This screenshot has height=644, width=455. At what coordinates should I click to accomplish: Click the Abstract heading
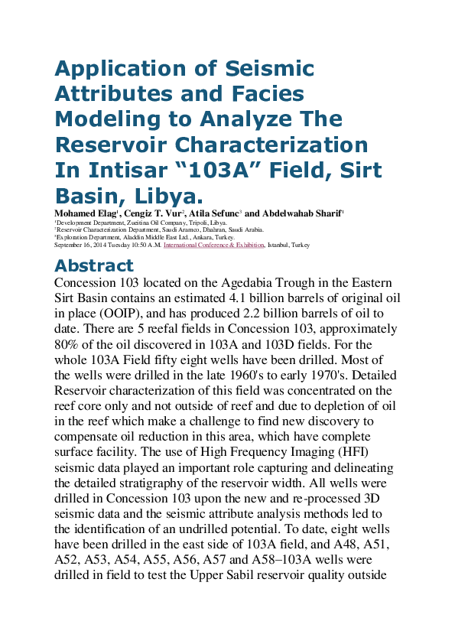pyautogui.click(x=93, y=266)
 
